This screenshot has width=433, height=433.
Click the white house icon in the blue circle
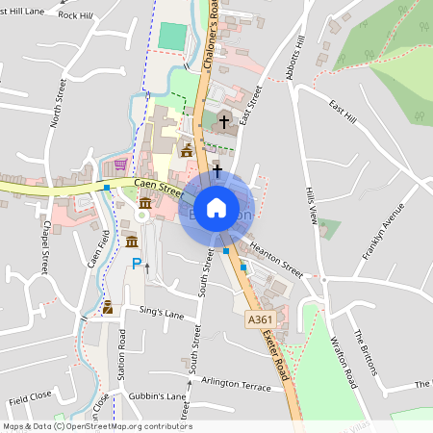[216, 207]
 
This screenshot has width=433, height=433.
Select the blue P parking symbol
[137, 263]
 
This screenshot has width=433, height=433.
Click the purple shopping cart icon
[120, 165]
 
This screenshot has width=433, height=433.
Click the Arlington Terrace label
[237, 382]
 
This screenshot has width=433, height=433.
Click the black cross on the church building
[225, 122]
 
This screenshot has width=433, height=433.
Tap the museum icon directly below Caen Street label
[144, 204]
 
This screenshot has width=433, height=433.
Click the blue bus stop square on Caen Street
[106, 188]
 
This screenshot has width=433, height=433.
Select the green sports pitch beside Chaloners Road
[173, 37]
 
